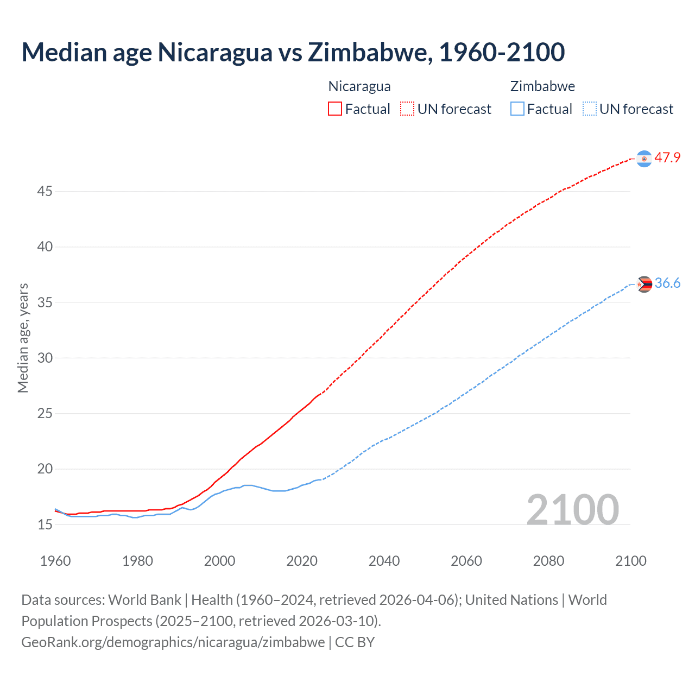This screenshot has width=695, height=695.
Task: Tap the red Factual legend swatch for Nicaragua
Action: (x=335, y=109)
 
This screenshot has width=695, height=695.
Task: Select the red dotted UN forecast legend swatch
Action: (x=407, y=109)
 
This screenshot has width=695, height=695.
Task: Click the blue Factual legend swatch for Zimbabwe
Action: (x=517, y=109)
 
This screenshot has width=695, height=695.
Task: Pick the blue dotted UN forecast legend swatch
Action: (x=589, y=109)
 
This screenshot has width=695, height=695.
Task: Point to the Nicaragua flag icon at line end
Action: (x=644, y=159)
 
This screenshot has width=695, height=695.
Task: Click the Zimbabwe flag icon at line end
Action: (x=644, y=284)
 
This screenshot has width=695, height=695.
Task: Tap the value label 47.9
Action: (x=667, y=158)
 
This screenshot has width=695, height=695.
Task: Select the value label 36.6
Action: (x=667, y=283)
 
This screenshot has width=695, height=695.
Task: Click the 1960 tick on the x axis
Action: (x=55, y=561)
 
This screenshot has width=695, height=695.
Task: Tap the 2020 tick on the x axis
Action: (x=302, y=561)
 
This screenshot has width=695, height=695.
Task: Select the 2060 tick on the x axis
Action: (x=466, y=561)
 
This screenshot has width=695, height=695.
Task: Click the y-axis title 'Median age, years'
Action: (x=23, y=338)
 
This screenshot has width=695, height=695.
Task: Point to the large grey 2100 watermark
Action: (x=572, y=509)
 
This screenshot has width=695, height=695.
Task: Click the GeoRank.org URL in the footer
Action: (x=173, y=642)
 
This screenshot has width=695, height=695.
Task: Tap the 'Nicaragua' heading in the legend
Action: (x=359, y=86)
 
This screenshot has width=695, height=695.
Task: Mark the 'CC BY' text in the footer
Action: (x=355, y=642)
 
